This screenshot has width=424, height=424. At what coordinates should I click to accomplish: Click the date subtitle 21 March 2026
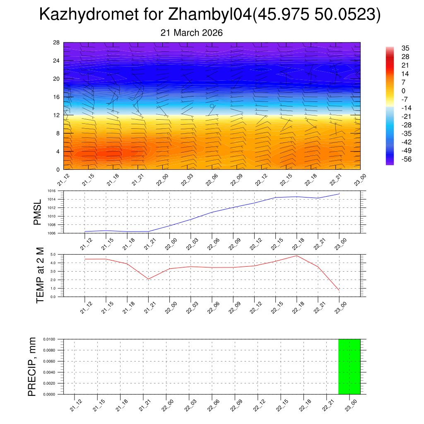(x=191, y=33)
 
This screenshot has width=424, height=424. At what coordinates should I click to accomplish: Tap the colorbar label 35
(x=405, y=48)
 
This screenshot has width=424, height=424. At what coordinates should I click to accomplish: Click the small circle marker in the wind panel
(x=212, y=106)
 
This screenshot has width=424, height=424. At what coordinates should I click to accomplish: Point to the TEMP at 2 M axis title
(x=40, y=275)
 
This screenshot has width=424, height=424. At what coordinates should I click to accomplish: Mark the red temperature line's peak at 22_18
(x=297, y=255)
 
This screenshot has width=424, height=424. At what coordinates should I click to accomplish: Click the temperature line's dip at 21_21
(x=148, y=279)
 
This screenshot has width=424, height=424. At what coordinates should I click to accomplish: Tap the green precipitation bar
(x=349, y=366)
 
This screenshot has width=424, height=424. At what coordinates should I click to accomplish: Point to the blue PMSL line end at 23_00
(x=340, y=194)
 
